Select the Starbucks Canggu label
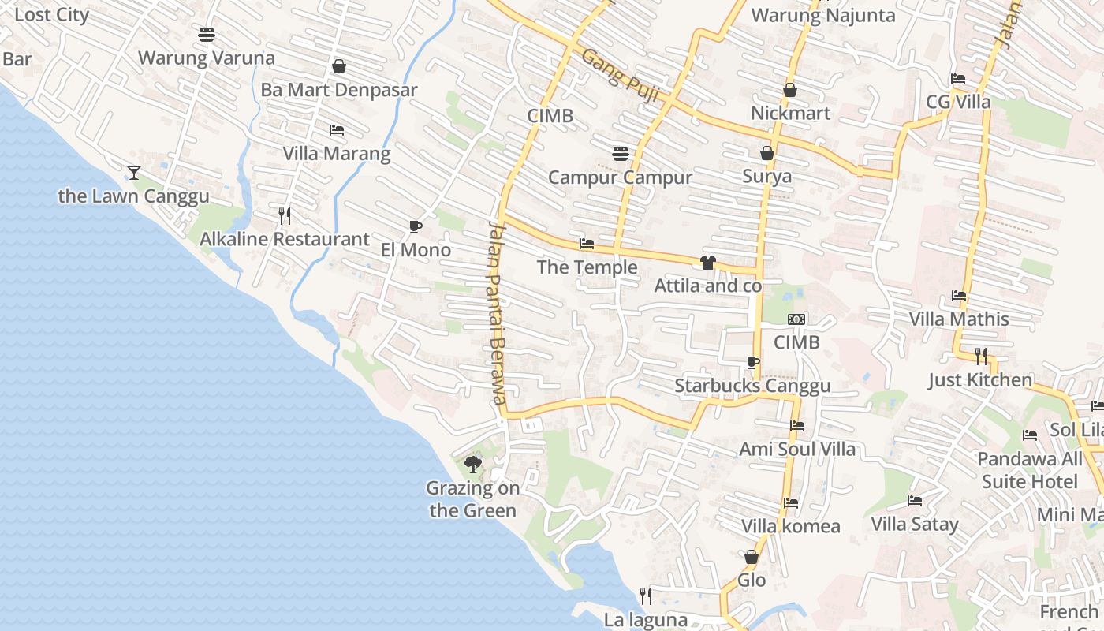(x=752, y=386)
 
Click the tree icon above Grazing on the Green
(x=472, y=464)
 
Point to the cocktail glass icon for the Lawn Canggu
(x=134, y=172)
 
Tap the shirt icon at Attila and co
(x=707, y=263)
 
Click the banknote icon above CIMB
(x=796, y=319)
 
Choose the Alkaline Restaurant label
(x=284, y=239)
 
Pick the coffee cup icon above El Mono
(x=416, y=227)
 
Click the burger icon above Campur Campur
(x=620, y=153)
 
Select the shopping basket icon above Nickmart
(x=790, y=90)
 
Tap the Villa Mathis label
(x=959, y=319)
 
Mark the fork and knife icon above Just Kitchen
(x=980, y=356)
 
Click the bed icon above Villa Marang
(x=337, y=129)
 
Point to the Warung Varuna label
(x=207, y=58)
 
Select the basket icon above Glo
(x=752, y=557)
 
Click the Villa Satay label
(x=915, y=525)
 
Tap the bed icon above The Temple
(x=587, y=244)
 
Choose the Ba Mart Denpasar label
(x=339, y=90)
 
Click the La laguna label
(x=646, y=620)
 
